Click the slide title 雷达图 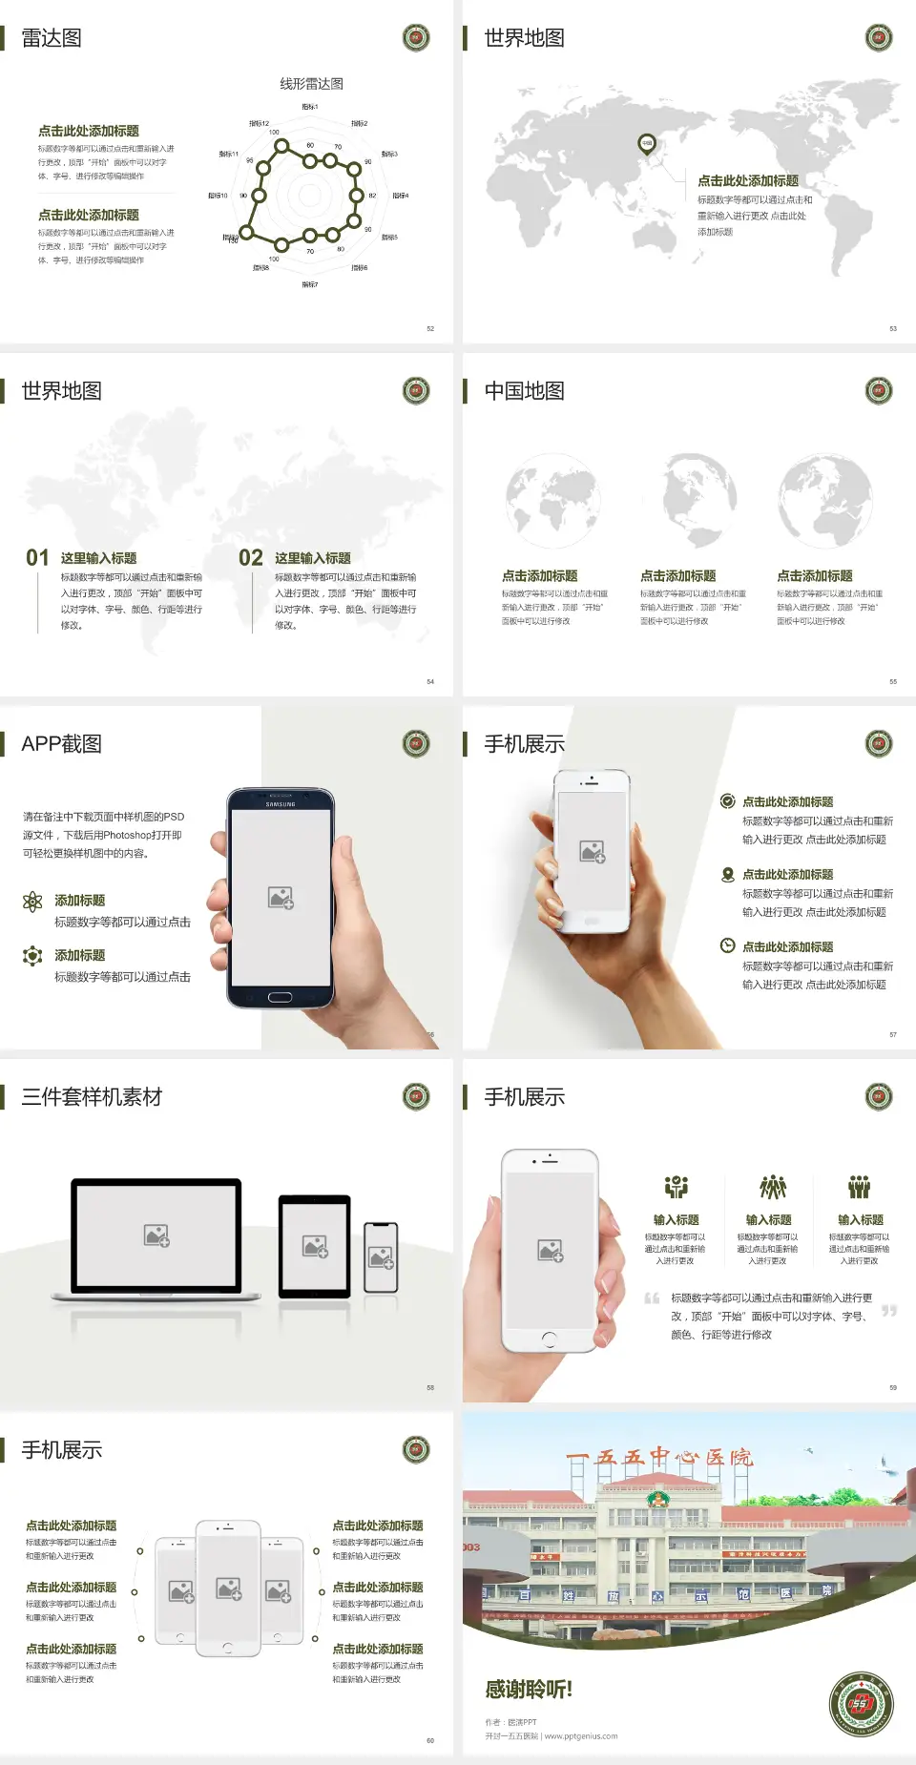52,38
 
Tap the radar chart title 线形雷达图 311,84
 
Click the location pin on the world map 647,144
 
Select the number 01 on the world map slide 37,558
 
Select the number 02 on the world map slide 251,558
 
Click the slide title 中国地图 524,391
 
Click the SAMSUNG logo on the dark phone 281,804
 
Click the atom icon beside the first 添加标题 32,902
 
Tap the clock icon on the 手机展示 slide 727,945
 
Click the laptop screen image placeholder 156,1235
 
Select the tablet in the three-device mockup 315,1245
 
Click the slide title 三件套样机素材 92,1097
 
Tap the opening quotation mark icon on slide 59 652,1298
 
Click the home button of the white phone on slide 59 549,1339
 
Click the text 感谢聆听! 529,1690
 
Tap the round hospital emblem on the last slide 861,1704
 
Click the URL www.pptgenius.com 581,1736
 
